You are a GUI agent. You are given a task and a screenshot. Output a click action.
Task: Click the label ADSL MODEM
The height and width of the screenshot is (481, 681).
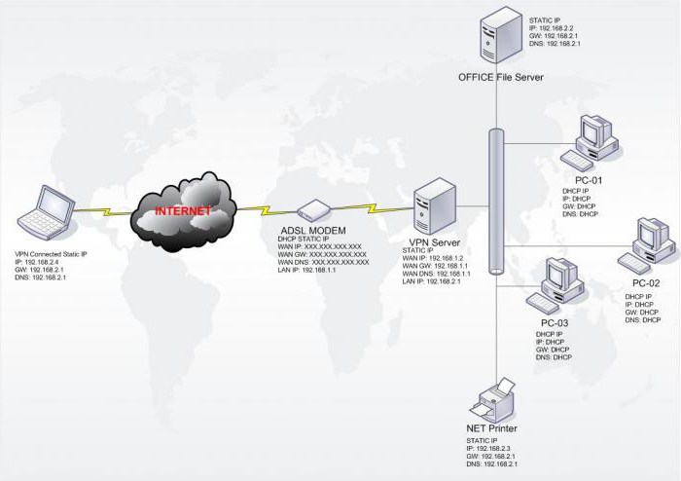(x=309, y=231)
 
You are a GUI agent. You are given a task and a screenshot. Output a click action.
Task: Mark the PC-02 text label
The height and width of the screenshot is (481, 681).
(x=646, y=283)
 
